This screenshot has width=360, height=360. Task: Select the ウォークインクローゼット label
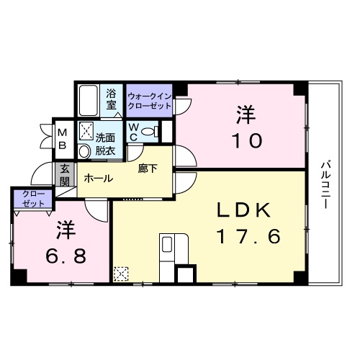[x=149, y=100]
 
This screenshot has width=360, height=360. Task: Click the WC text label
[x=134, y=131]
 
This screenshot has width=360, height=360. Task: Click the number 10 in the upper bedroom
[x=245, y=140]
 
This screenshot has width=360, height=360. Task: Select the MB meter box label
[x=62, y=138]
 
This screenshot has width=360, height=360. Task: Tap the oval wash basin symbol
[x=84, y=150]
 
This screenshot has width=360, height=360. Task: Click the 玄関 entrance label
[x=64, y=174]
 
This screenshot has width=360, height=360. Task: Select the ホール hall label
[x=98, y=178]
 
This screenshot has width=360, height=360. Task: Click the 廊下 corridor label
[x=148, y=169]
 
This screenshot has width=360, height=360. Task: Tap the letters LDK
[x=244, y=210]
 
